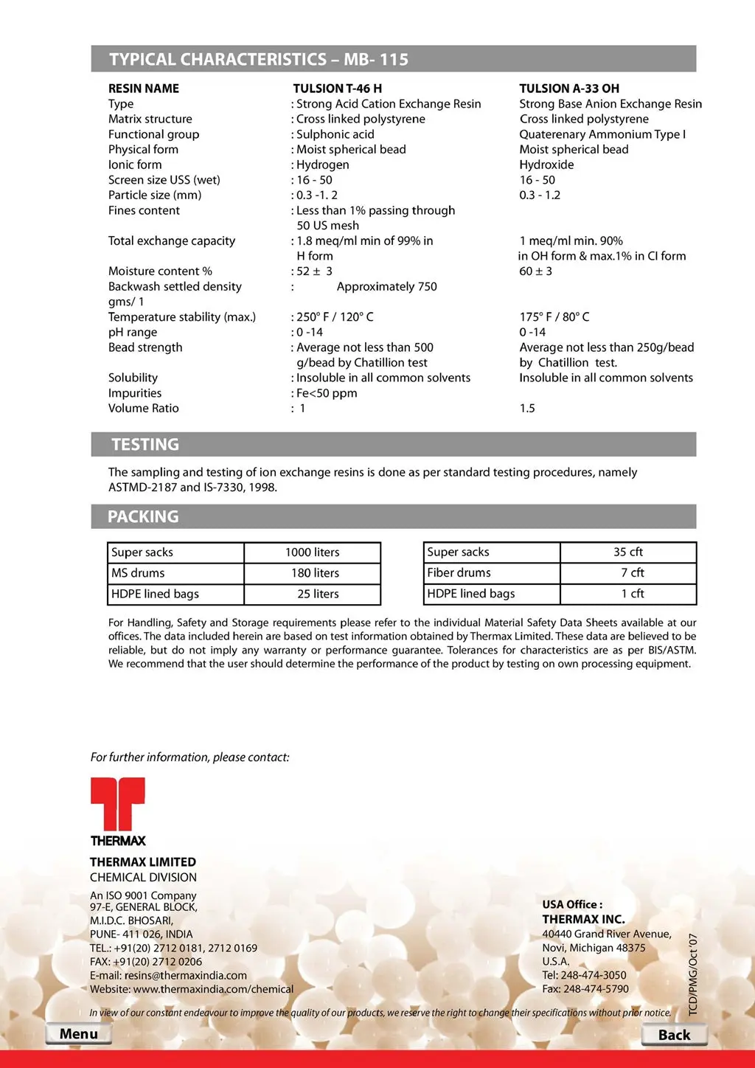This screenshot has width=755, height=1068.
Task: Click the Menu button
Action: (x=78, y=1033)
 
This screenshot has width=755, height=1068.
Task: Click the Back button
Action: (x=674, y=1035)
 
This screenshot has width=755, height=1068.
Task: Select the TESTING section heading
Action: (x=145, y=444)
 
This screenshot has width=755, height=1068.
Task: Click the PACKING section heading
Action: (x=143, y=516)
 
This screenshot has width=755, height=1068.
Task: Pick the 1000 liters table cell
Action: (x=313, y=552)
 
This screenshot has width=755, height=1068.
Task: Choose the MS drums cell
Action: (x=175, y=573)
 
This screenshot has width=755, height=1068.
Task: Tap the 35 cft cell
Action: (x=628, y=552)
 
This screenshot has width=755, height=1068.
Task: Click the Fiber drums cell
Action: (x=492, y=572)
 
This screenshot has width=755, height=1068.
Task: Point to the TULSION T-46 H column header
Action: (x=337, y=89)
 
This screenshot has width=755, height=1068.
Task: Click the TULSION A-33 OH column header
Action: (x=569, y=89)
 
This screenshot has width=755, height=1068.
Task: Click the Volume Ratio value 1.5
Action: (x=527, y=409)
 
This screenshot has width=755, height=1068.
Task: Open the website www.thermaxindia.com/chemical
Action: (x=213, y=989)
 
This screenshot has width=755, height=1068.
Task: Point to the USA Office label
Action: (x=572, y=904)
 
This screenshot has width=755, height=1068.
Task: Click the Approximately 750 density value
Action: (x=386, y=286)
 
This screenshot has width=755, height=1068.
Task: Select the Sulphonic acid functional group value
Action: (x=335, y=134)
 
